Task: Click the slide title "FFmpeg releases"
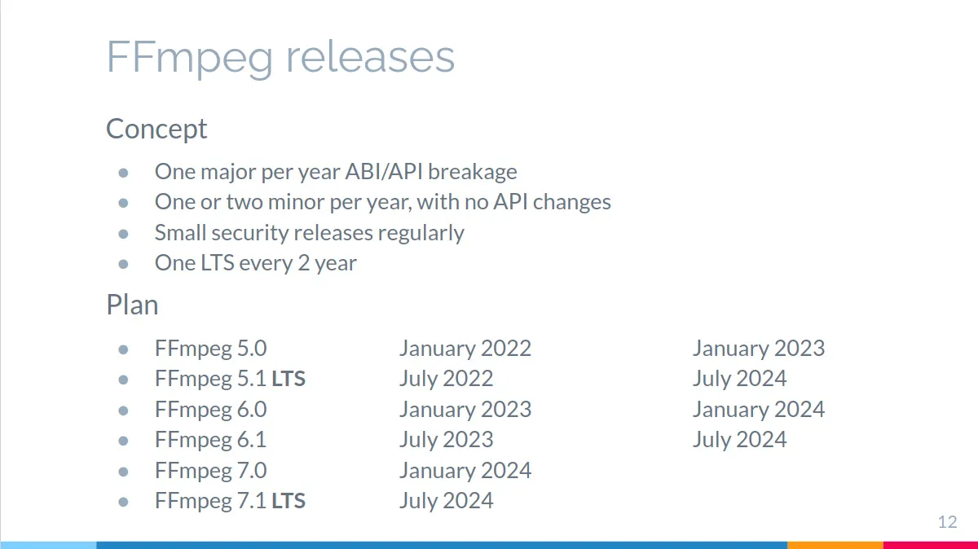(x=280, y=58)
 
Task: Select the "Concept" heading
(x=156, y=130)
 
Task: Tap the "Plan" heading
(x=132, y=305)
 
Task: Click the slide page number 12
(x=947, y=522)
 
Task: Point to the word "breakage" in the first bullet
(x=473, y=172)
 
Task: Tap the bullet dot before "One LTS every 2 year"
(x=123, y=264)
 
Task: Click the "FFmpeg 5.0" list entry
(x=210, y=349)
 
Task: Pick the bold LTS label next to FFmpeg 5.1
(x=289, y=379)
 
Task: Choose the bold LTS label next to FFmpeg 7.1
(x=289, y=501)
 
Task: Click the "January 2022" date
(x=465, y=349)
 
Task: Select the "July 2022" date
(x=447, y=379)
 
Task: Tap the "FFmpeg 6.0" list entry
(x=210, y=410)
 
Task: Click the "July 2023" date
(x=447, y=440)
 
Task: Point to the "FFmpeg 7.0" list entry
(x=210, y=471)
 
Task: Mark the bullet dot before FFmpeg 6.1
(x=123, y=441)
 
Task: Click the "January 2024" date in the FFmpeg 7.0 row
(x=465, y=471)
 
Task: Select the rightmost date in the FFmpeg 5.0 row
(x=759, y=349)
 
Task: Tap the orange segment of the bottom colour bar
(x=835, y=546)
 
